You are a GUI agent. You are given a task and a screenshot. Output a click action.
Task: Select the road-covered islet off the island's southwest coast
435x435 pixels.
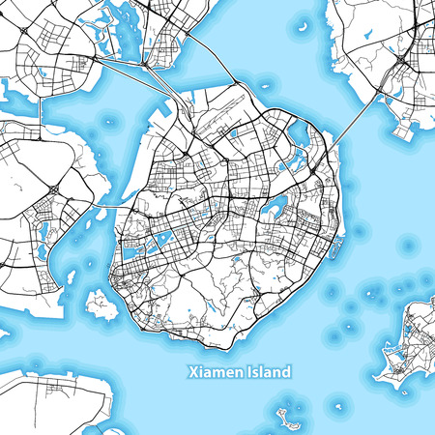100,304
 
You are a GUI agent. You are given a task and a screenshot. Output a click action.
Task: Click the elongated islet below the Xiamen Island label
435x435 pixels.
286,418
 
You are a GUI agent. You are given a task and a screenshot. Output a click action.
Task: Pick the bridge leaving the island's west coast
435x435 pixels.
106,206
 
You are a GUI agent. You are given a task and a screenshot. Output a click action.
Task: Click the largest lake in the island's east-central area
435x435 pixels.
277,204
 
